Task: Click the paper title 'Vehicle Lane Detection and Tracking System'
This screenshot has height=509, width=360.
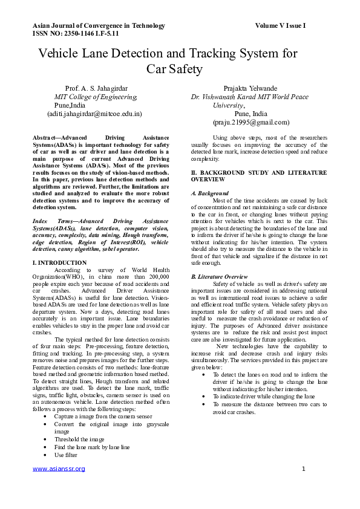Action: (x=168, y=53)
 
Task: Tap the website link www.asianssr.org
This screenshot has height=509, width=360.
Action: (x=59, y=468)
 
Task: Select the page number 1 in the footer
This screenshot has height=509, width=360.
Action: (x=303, y=468)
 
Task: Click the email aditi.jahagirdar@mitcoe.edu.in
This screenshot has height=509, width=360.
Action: (x=94, y=113)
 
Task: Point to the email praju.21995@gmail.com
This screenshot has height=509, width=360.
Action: (x=250, y=122)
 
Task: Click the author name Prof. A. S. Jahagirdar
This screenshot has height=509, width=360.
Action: (x=96, y=88)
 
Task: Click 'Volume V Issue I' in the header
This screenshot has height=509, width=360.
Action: (x=280, y=26)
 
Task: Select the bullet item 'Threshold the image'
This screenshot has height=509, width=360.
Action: (x=79, y=439)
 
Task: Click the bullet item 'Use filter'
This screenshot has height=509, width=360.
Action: (x=66, y=454)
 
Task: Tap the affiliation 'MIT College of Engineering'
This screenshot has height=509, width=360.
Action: (x=96, y=97)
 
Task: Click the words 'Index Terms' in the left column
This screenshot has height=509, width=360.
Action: (x=51, y=222)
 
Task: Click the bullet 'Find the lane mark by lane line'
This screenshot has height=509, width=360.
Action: (x=92, y=447)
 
